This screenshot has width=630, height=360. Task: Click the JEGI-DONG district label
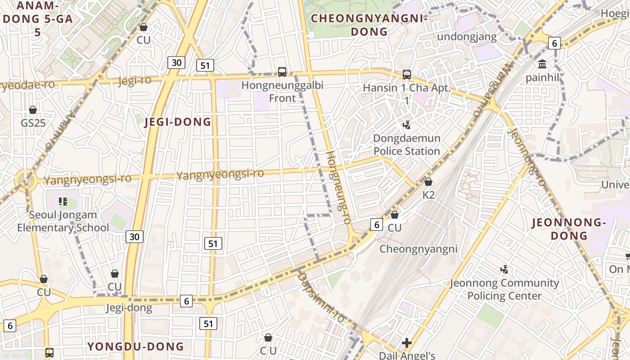(x=177, y=122)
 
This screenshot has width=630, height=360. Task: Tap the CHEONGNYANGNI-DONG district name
(x=369, y=25)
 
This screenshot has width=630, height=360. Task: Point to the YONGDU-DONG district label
(x=135, y=346)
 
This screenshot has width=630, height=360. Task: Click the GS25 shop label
(x=33, y=122)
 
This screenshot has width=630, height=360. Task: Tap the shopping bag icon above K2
(x=428, y=182)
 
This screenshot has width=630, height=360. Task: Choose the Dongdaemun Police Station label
(x=406, y=144)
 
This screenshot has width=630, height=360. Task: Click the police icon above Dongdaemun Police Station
(x=407, y=125)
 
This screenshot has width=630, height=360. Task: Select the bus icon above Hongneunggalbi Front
(x=282, y=72)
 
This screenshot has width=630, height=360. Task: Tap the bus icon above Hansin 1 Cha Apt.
(x=407, y=74)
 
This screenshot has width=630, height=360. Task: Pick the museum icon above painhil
(x=542, y=64)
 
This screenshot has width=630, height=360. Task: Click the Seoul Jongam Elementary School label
(x=63, y=221)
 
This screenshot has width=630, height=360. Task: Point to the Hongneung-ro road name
(x=338, y=188)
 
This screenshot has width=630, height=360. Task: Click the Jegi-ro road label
(x=135, y=81)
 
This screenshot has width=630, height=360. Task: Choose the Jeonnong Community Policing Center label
(x=504, y=289)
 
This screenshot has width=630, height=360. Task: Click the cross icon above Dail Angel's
(x=407, y=343)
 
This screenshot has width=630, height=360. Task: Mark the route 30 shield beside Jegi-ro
(x=176, y=63)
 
